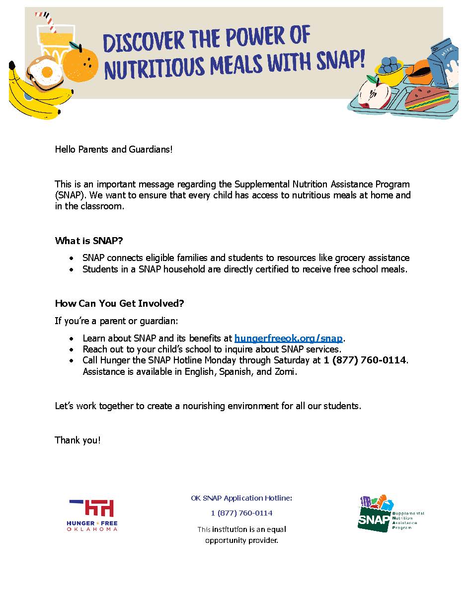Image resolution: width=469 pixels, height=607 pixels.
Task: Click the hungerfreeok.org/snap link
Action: (x=288, y=339)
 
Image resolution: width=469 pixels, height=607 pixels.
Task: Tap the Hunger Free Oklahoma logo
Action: (x=92, y=515)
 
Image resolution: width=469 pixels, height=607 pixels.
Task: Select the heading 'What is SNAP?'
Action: (x=89, y=241)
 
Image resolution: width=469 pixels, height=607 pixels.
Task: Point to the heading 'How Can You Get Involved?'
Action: (x=119, y=303)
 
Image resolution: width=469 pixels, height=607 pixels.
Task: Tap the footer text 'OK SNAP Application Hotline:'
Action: (x=241, y=498)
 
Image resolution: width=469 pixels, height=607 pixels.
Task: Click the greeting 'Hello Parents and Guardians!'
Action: (x=114, y=149)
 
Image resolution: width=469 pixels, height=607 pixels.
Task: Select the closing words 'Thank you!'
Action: (x=78, y=440)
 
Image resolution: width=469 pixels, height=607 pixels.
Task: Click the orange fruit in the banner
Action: (x=80, y=63)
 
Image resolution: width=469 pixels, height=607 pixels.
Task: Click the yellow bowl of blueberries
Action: (x=390, y=71)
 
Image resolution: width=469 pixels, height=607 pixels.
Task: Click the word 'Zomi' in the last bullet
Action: (x=285, y=371)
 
